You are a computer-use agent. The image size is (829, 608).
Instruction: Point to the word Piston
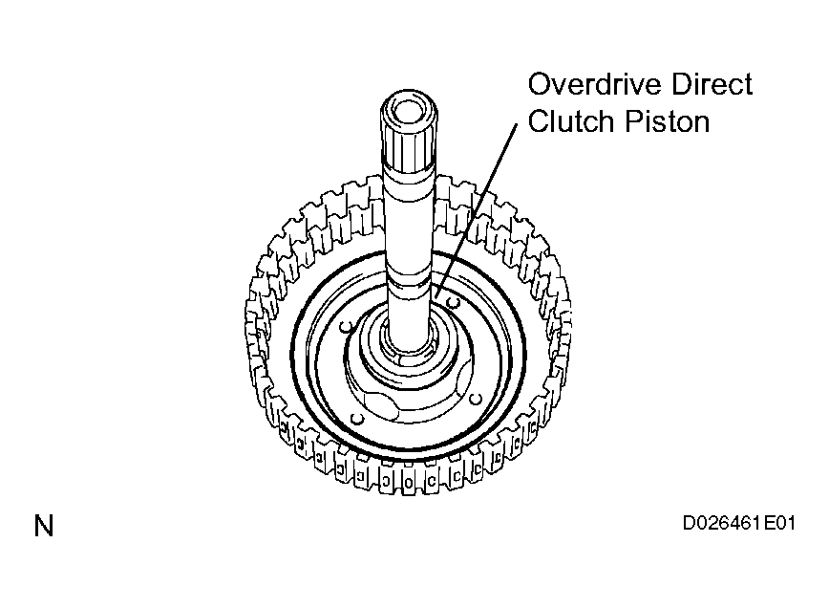pyautogui.click(x=668, y=121)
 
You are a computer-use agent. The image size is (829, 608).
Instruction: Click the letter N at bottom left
pyautogui.click(x=44, y=526)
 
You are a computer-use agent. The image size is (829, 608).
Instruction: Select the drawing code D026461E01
pyautogui.click(x=739, y=523)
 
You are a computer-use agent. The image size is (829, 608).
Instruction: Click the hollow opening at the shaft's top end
pyautogui.click(x=409, y=108)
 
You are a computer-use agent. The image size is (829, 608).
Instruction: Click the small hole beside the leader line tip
pyautogui.click(x=453, y=302)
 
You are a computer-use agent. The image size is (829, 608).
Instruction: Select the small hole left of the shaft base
pyautogui.click(x=347, y=327)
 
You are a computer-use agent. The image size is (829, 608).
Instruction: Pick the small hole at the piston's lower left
pyautogui.click(x=358, y=419)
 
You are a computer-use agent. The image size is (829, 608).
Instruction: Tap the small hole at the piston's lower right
pyautogui.click(x=476, y=399)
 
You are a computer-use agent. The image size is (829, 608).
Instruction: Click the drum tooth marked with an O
pyautogui.click(x=409, y=482)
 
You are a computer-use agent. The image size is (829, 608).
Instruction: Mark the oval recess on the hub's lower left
pyautogui.click(x=381, y=404)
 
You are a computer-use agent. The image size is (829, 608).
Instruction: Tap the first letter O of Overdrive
pyautogui.click(x=539, y=85)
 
